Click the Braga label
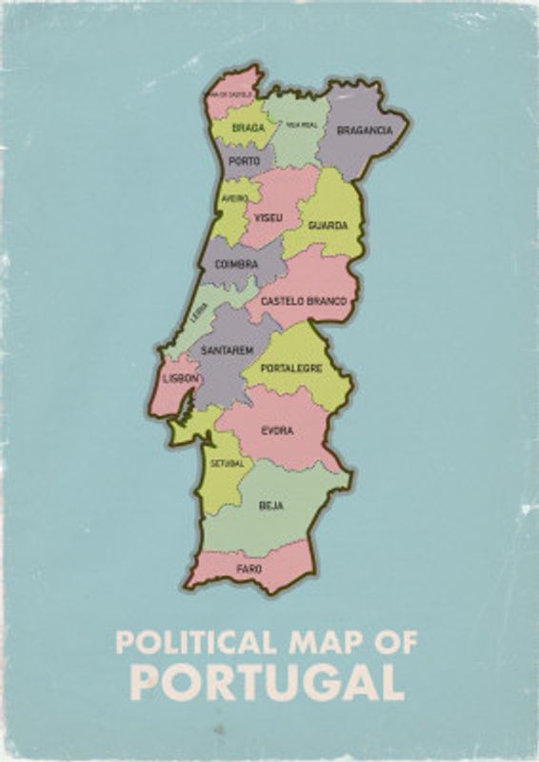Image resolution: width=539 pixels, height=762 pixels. click(249, 126)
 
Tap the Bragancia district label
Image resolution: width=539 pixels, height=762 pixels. click(365, 130)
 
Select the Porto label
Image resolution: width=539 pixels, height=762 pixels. click(244, 161)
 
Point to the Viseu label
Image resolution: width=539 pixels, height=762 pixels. click(269, 217)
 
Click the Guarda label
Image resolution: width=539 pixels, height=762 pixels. click(328, 226)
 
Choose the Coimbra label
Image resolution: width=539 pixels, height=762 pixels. click(237, 264)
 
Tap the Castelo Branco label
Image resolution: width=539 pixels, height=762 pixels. click(305, 301)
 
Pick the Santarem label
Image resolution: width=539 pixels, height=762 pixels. click(227, 351)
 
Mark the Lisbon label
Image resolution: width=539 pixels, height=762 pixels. click(181, 378)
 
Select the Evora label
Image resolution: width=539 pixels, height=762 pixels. click(277, 431)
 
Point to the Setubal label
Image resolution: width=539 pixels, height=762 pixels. click(228, 464)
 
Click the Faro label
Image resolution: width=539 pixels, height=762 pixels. click(250, 569)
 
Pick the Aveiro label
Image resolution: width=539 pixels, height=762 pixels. click(234, 198)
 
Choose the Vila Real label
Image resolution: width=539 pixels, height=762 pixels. click(301, 125)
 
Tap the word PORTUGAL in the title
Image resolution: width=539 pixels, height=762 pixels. click(266, 682)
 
